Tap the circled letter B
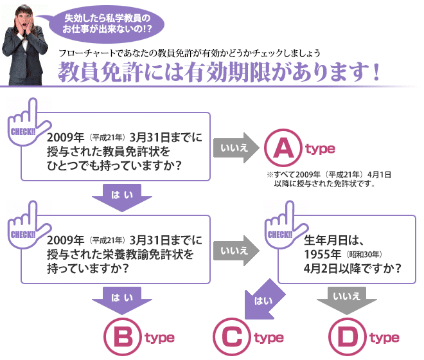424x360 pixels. tap(122, 337)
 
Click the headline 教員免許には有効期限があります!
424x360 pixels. tap(218, 71)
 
